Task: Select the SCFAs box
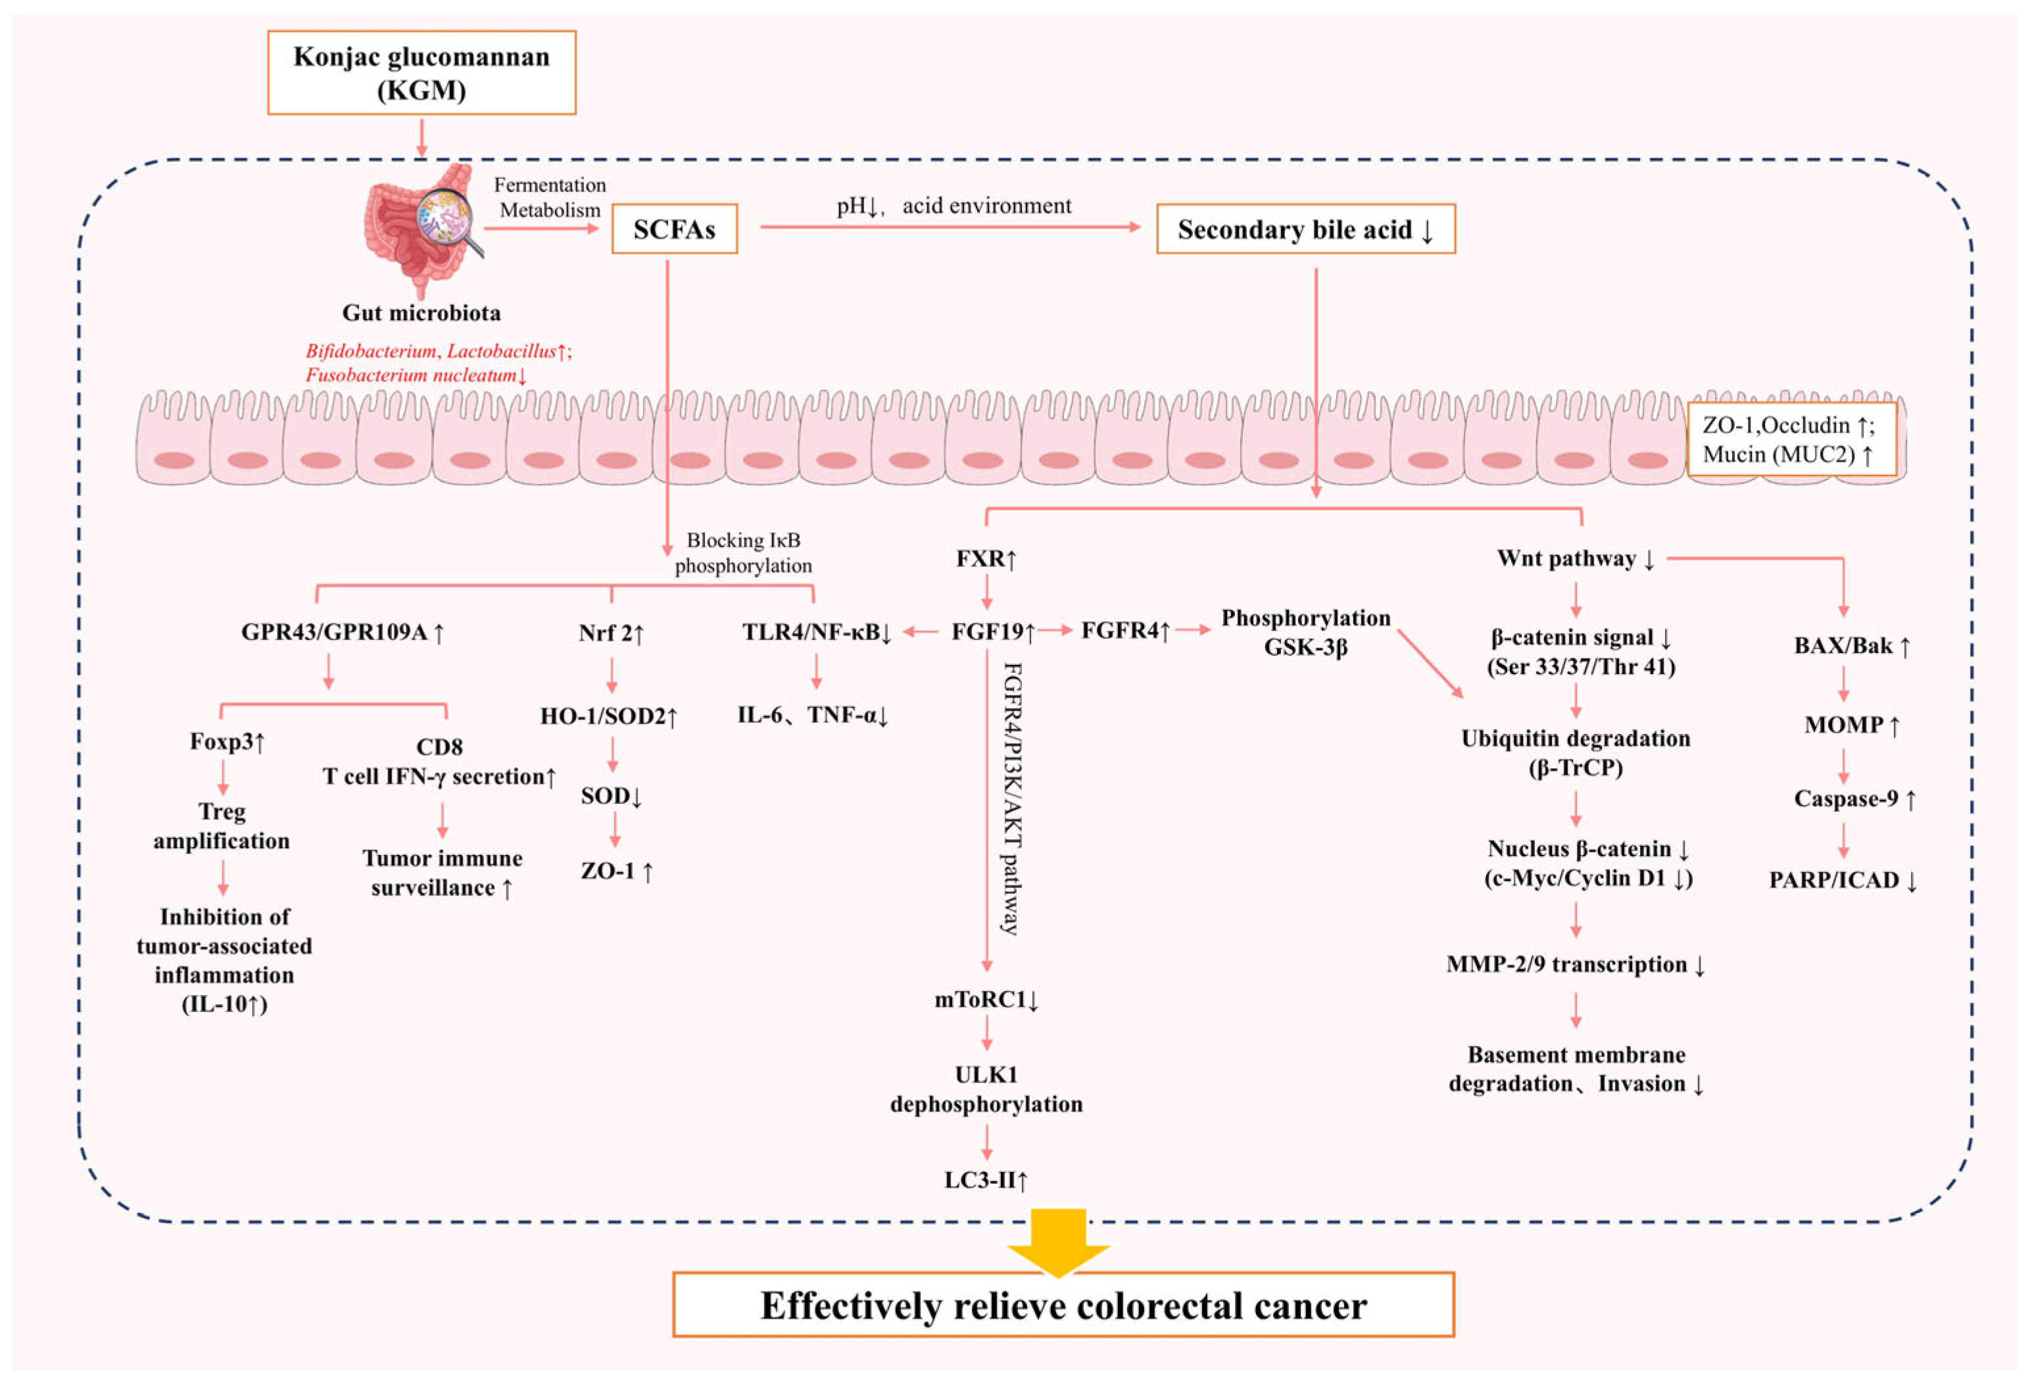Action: pyautogui.click(x=673, y=229)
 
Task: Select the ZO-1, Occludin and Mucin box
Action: pyautogui.click(x=1791, y=439)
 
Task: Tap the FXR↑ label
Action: pyautogui.click(x=986, y=558)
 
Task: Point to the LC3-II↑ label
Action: pyautogui.click(x=986, y=1180)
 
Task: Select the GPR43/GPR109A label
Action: pyautogui.click(x=343, y=631)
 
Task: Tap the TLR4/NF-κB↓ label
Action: pyautogui.click(x=816, y=631)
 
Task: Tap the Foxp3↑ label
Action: pyautogui.click(x=227, y=742)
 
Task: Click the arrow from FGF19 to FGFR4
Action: pyautogui.click(x=1056, y=630)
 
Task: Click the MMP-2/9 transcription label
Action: pyautogui.click(x=1575, y=965)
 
